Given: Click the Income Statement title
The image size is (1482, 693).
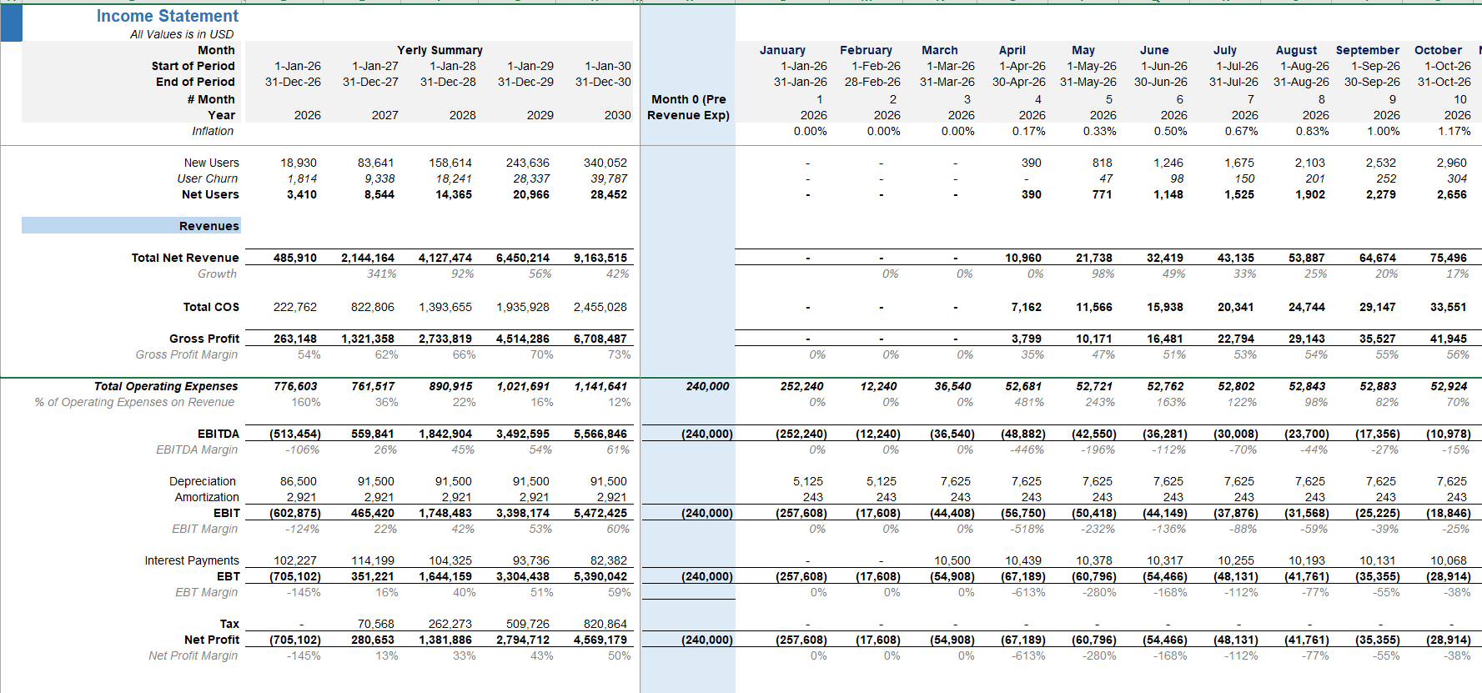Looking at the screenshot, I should click(167, 16).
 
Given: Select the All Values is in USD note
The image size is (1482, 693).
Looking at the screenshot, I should click(182, 34).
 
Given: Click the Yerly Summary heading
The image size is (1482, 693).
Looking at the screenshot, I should click(440, 50).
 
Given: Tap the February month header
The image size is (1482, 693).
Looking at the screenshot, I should click(866, 50).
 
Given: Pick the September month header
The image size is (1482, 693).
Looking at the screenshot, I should click(1367, 50).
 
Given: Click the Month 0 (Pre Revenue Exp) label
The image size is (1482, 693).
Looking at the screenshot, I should click(688, 108).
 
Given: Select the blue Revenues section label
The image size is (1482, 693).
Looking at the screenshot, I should click(208, 226).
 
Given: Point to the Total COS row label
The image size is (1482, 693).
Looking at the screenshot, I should click(211, 307).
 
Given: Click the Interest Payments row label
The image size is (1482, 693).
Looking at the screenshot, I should click(192, 560).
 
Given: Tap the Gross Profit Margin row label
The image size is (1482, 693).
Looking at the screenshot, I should click(187, 354).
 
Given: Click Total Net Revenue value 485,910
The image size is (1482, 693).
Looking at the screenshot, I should click(295, 259).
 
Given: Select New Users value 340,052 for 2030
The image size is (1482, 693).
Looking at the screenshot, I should click(605, 163).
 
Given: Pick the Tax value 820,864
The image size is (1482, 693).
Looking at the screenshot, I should click(605, 624).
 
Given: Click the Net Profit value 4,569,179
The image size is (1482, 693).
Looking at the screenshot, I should click(600, 640).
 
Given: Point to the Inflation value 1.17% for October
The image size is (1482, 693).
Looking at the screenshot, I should click(1454, 131).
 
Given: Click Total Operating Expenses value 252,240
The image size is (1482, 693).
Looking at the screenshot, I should click(801, 386).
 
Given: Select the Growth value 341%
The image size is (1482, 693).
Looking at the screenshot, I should click(382, 274).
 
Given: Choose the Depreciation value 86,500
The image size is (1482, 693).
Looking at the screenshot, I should click(299, 481).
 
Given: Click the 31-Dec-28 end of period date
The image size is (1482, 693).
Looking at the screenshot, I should click(448, 82).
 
